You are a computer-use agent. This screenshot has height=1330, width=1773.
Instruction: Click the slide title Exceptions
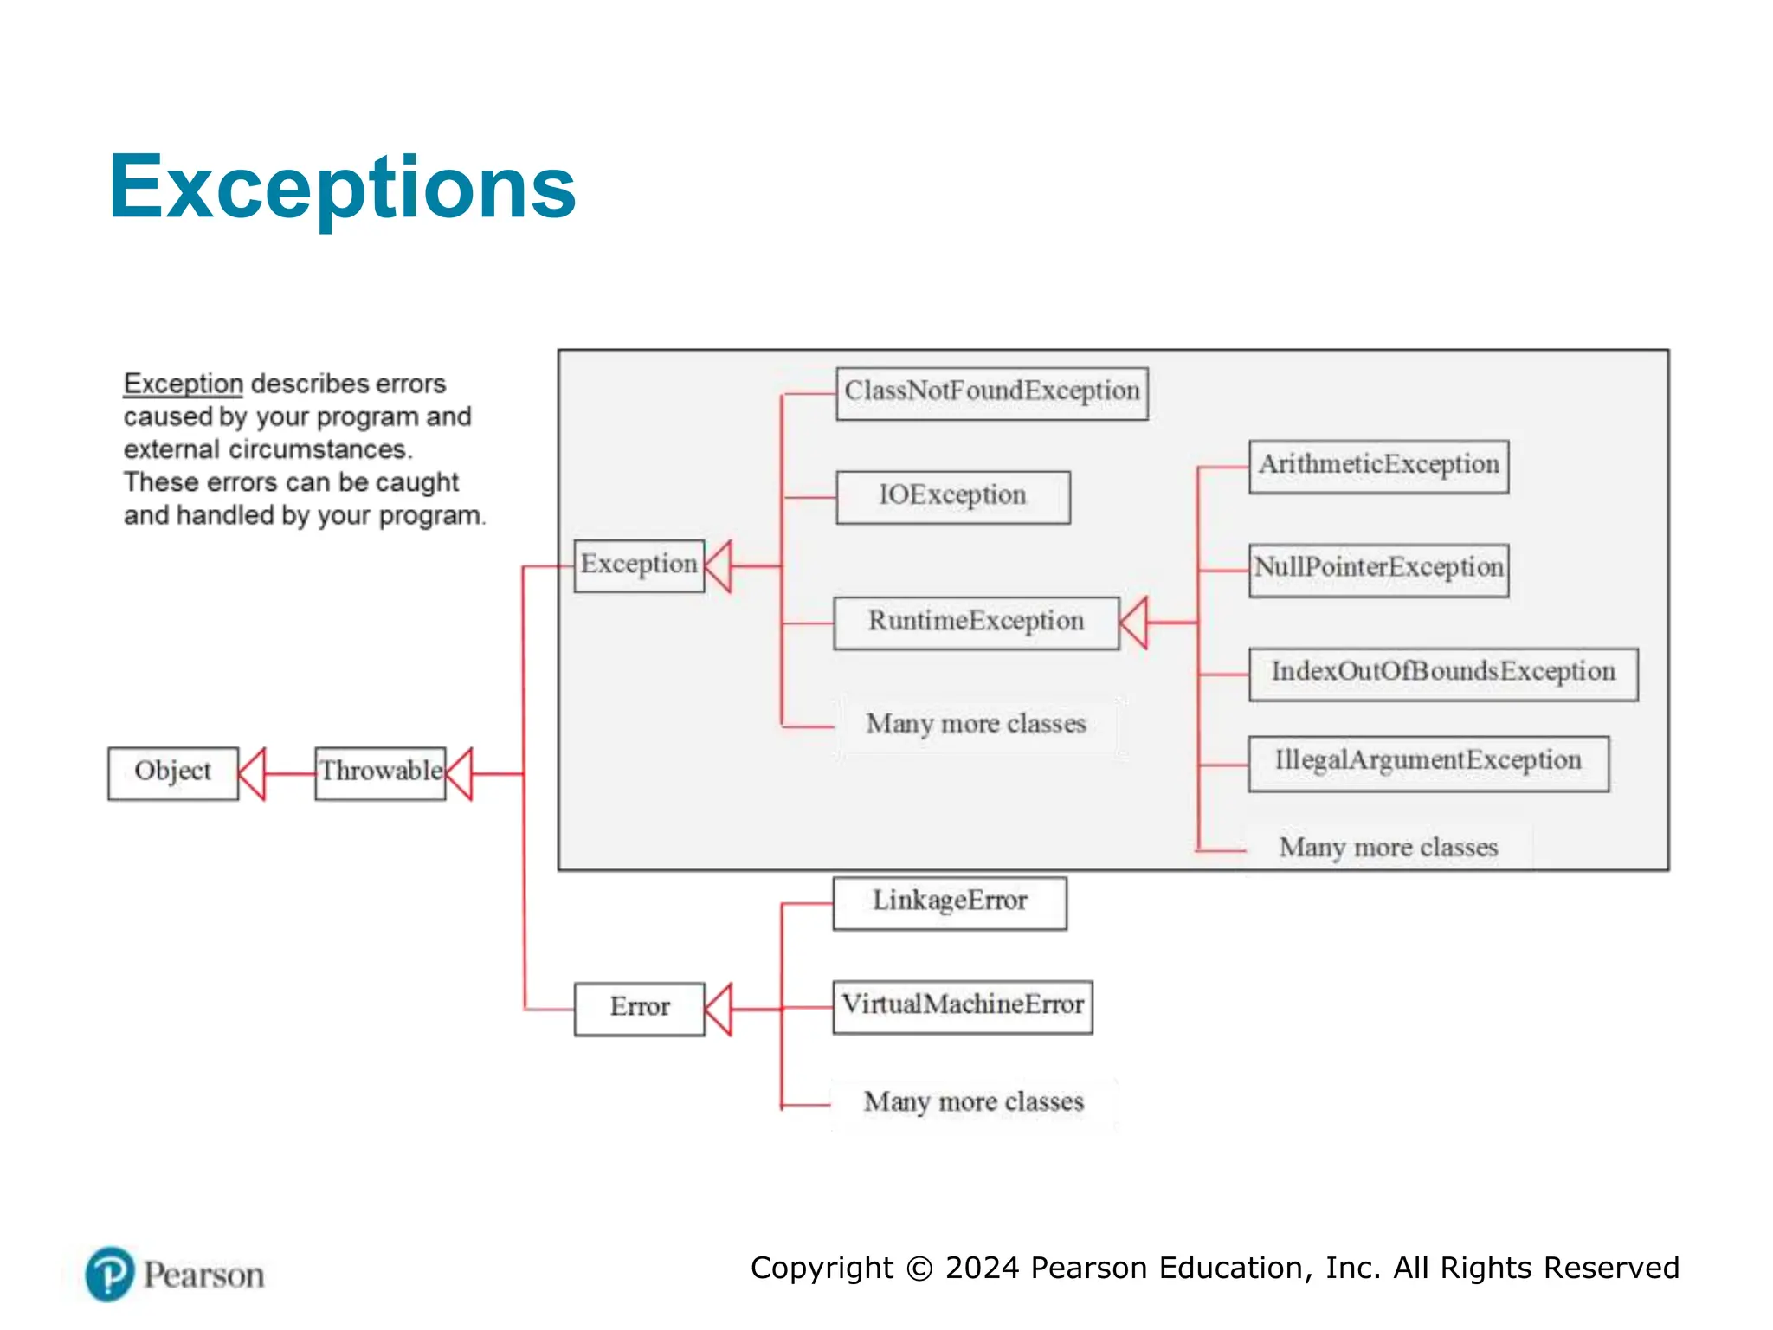342,187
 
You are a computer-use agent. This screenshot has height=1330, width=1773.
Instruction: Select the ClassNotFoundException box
991,393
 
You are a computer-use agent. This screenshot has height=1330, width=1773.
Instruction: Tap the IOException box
952,497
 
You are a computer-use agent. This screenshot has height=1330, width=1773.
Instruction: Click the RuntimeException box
976,623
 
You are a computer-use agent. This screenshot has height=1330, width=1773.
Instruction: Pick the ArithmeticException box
1378,467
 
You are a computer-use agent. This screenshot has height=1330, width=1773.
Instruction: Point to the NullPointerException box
1378,570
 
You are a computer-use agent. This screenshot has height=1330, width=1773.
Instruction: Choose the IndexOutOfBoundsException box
1442,674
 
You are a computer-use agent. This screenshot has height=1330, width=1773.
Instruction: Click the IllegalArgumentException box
1428,763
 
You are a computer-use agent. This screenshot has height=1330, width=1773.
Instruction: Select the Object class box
172,772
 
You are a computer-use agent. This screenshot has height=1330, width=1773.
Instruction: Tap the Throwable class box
380,772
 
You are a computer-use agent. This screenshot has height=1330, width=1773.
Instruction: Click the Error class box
639,1008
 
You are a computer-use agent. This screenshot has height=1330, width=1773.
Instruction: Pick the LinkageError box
949,903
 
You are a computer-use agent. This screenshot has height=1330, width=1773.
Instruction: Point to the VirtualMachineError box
962,1006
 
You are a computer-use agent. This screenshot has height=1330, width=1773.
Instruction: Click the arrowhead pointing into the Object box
252,773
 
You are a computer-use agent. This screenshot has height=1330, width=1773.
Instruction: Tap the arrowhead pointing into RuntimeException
1134,622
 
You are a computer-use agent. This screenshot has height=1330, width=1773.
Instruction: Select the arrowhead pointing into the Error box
719,1009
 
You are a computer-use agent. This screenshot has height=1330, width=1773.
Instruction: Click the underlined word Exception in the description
183,384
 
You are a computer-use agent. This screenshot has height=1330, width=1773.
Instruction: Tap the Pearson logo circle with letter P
110,1274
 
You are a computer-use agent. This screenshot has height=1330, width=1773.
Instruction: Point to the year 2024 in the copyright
982,1268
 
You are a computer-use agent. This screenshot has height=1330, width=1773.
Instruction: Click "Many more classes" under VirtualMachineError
973,1102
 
